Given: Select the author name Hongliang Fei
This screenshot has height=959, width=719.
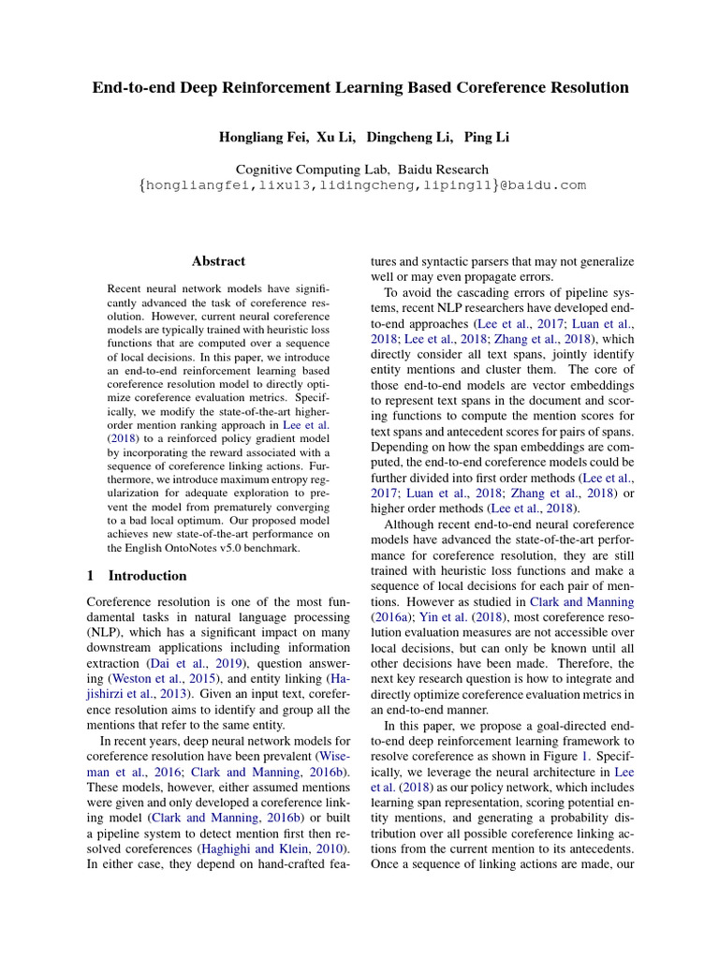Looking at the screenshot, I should point(262,138).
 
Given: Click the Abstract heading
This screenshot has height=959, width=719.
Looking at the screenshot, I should point(218,261).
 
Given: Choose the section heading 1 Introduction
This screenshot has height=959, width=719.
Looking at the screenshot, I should point(136,575).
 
